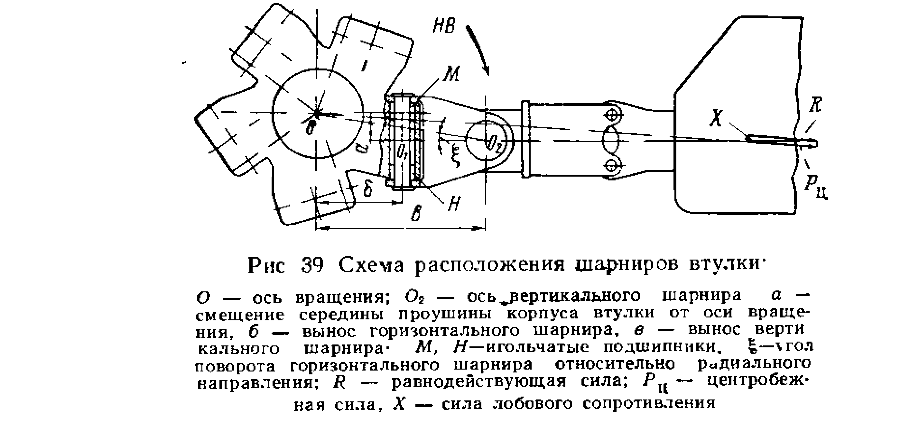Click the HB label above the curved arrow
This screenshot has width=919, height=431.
click(x=443, y=25)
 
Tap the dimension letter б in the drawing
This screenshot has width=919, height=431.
click(x=367, y=189)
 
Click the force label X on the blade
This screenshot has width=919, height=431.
click(x=715, y=118)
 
